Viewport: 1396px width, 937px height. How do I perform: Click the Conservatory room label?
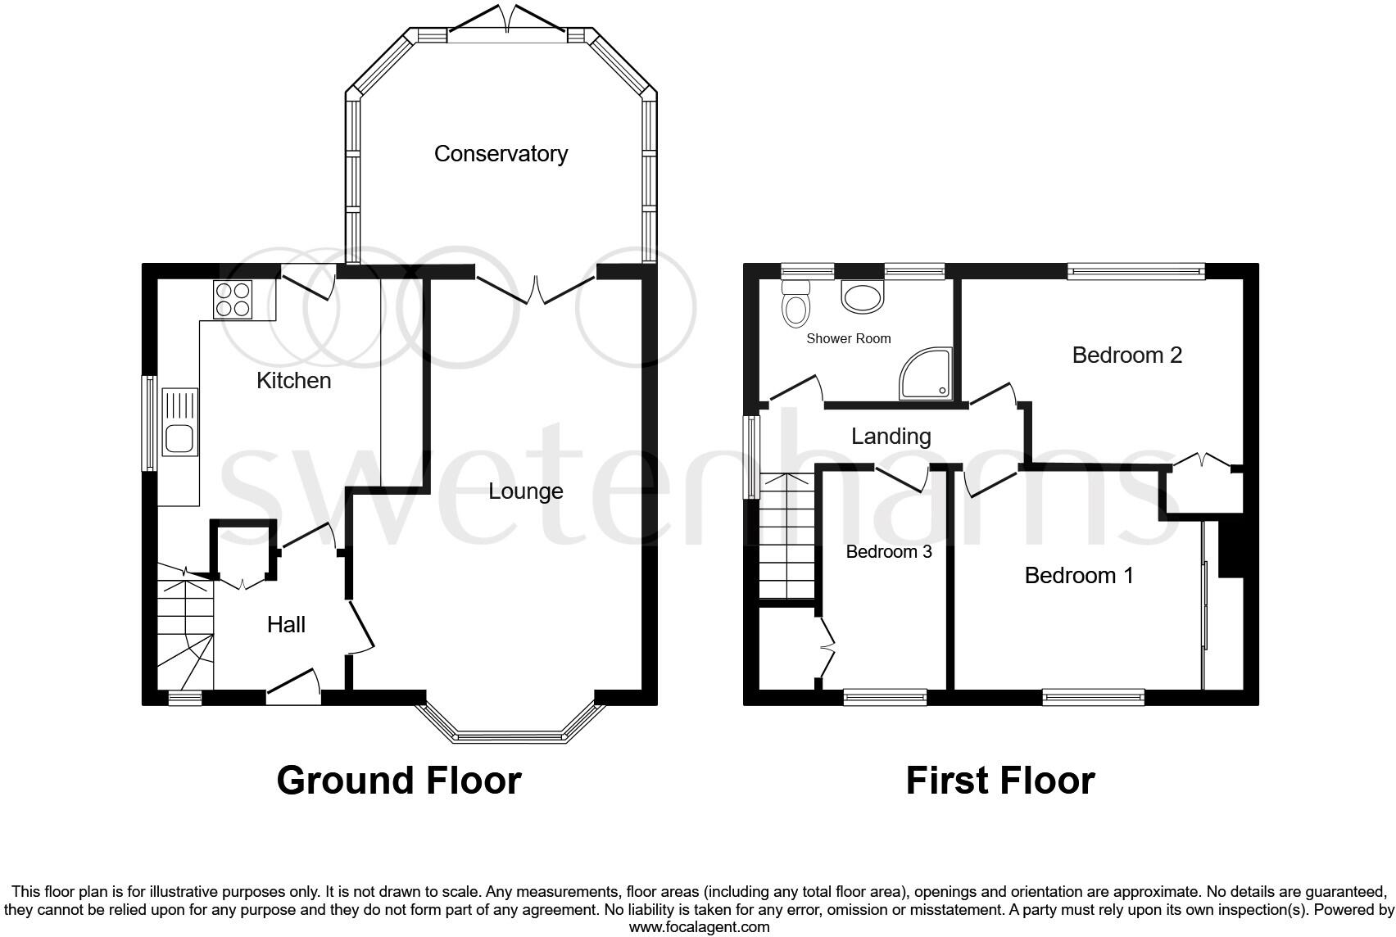point(501,154)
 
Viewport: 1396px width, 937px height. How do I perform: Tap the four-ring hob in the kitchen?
point(233,299)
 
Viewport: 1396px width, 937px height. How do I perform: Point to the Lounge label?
point(525,491)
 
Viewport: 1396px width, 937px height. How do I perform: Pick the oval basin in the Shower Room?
point(863,297)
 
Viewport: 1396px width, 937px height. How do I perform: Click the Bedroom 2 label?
point(1126,355)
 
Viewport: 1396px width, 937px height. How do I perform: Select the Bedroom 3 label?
point(888,552)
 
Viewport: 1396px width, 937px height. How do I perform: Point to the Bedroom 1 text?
point(1079,576)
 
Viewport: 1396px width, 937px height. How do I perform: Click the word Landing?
point(891,437)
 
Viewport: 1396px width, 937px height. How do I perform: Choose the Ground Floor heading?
point(399,781)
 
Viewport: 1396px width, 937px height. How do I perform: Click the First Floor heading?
point(999,781)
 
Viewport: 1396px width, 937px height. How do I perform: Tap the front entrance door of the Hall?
point(292,688)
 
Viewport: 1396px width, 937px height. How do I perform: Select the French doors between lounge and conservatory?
point(535,288)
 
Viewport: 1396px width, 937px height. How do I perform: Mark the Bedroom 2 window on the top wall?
point(1135,270)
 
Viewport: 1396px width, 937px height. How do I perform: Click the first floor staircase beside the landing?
point(786,536)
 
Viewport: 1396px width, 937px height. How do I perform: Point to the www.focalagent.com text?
point(699,927)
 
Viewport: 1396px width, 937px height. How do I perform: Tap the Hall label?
point(286,625)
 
